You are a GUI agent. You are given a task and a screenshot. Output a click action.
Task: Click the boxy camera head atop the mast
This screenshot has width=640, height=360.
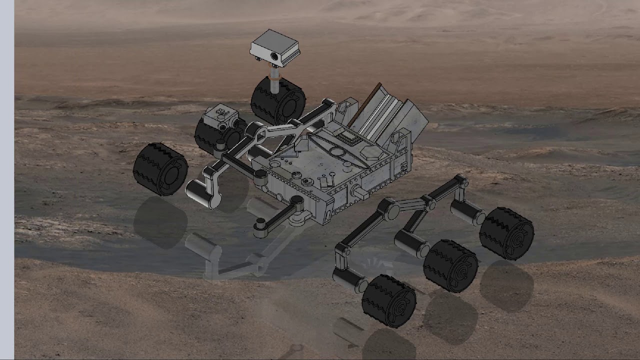pyautogui.click(x=275, y=47)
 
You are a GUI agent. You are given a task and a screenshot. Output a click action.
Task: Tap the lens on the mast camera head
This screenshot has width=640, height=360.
pyautogui.click(x=274, y=57)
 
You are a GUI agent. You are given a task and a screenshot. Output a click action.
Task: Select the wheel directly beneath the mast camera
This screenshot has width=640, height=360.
pyautogui.click(x=278, y=100)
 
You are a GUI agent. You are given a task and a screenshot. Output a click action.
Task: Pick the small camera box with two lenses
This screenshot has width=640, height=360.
pyautogui.click(x=220, y=117)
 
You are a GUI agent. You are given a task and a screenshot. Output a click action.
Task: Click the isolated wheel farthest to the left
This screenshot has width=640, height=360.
pyautogui.click(x=160, y=168)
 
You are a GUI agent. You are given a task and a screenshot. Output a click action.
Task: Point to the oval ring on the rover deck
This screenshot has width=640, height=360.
pyautogui.click(x=338, y=152)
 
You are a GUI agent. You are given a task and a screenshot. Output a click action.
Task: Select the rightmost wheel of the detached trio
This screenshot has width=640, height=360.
pyautogui.click(x=506, y=233)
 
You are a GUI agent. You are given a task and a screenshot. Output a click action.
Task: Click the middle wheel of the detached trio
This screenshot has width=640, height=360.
pyautogui.click(x=450, y=265)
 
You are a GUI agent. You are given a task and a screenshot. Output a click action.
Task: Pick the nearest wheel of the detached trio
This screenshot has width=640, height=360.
pyautogui.click(x=389, y=300)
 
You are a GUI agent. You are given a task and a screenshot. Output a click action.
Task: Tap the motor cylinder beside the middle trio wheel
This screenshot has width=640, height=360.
pyautogui.click(x=411, y=243)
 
